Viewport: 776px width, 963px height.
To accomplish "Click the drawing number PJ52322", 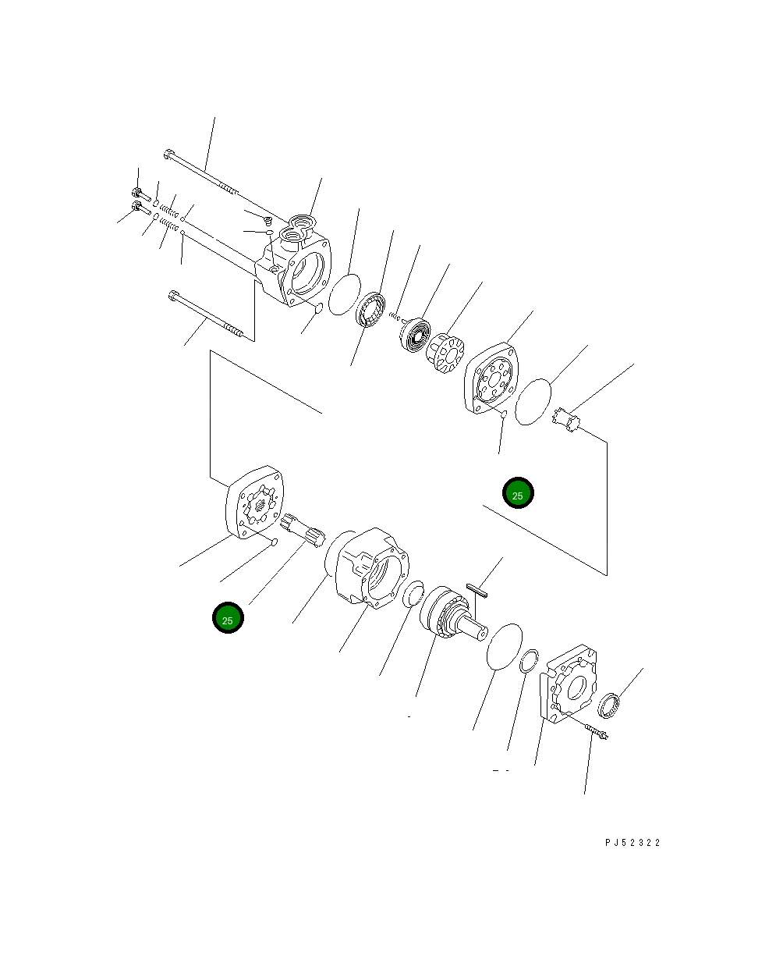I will point(632,843).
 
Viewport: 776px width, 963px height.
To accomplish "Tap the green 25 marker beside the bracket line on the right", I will point(518,493).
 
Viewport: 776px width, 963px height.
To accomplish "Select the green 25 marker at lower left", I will point(228,618).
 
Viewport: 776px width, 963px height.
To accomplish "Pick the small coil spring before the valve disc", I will point(395,317).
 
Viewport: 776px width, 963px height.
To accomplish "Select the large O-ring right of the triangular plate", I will point(533,402).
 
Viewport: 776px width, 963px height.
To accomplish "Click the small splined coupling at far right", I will point(569,421).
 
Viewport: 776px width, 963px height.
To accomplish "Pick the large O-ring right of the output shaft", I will point(503,646).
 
